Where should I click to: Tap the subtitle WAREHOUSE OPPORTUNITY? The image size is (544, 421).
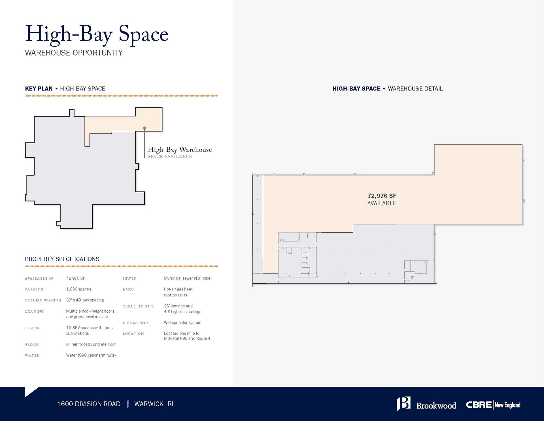click(x=74, y=53)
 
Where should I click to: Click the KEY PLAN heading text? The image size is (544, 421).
click(x=39, y=89)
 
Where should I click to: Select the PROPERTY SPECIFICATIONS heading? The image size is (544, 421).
click(x=62, y=259)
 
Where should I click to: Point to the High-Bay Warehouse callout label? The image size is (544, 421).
click(x=180, y=150)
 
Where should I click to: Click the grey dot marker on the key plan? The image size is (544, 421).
click(x=144, y=128)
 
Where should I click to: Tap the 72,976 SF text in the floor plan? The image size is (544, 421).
click(x=382, y=196)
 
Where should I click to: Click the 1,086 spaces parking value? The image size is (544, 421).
click(x=78, y=289)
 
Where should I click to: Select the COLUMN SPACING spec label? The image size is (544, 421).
click(x=43, y=300)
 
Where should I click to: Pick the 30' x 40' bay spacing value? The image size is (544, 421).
click(x=85, y=300)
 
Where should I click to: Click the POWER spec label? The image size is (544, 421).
click(x=32, y=328)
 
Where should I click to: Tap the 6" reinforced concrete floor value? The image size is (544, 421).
click(x=91, y=344)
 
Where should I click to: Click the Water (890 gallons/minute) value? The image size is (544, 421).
click(x=91, y=355)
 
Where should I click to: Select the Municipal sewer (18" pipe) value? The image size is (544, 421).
click(x=188, y=278)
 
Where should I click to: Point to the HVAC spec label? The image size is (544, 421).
click(x=128, y=289)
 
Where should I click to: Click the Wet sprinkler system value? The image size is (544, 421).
click(x=182, y=323)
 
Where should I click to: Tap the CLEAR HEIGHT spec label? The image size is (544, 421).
click(x=138, y=306)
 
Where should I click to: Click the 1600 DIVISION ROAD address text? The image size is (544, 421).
click(x=89, y=404)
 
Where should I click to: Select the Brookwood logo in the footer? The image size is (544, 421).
click(x=426, y=404)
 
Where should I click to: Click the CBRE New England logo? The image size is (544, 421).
click(x=493, y=405)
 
